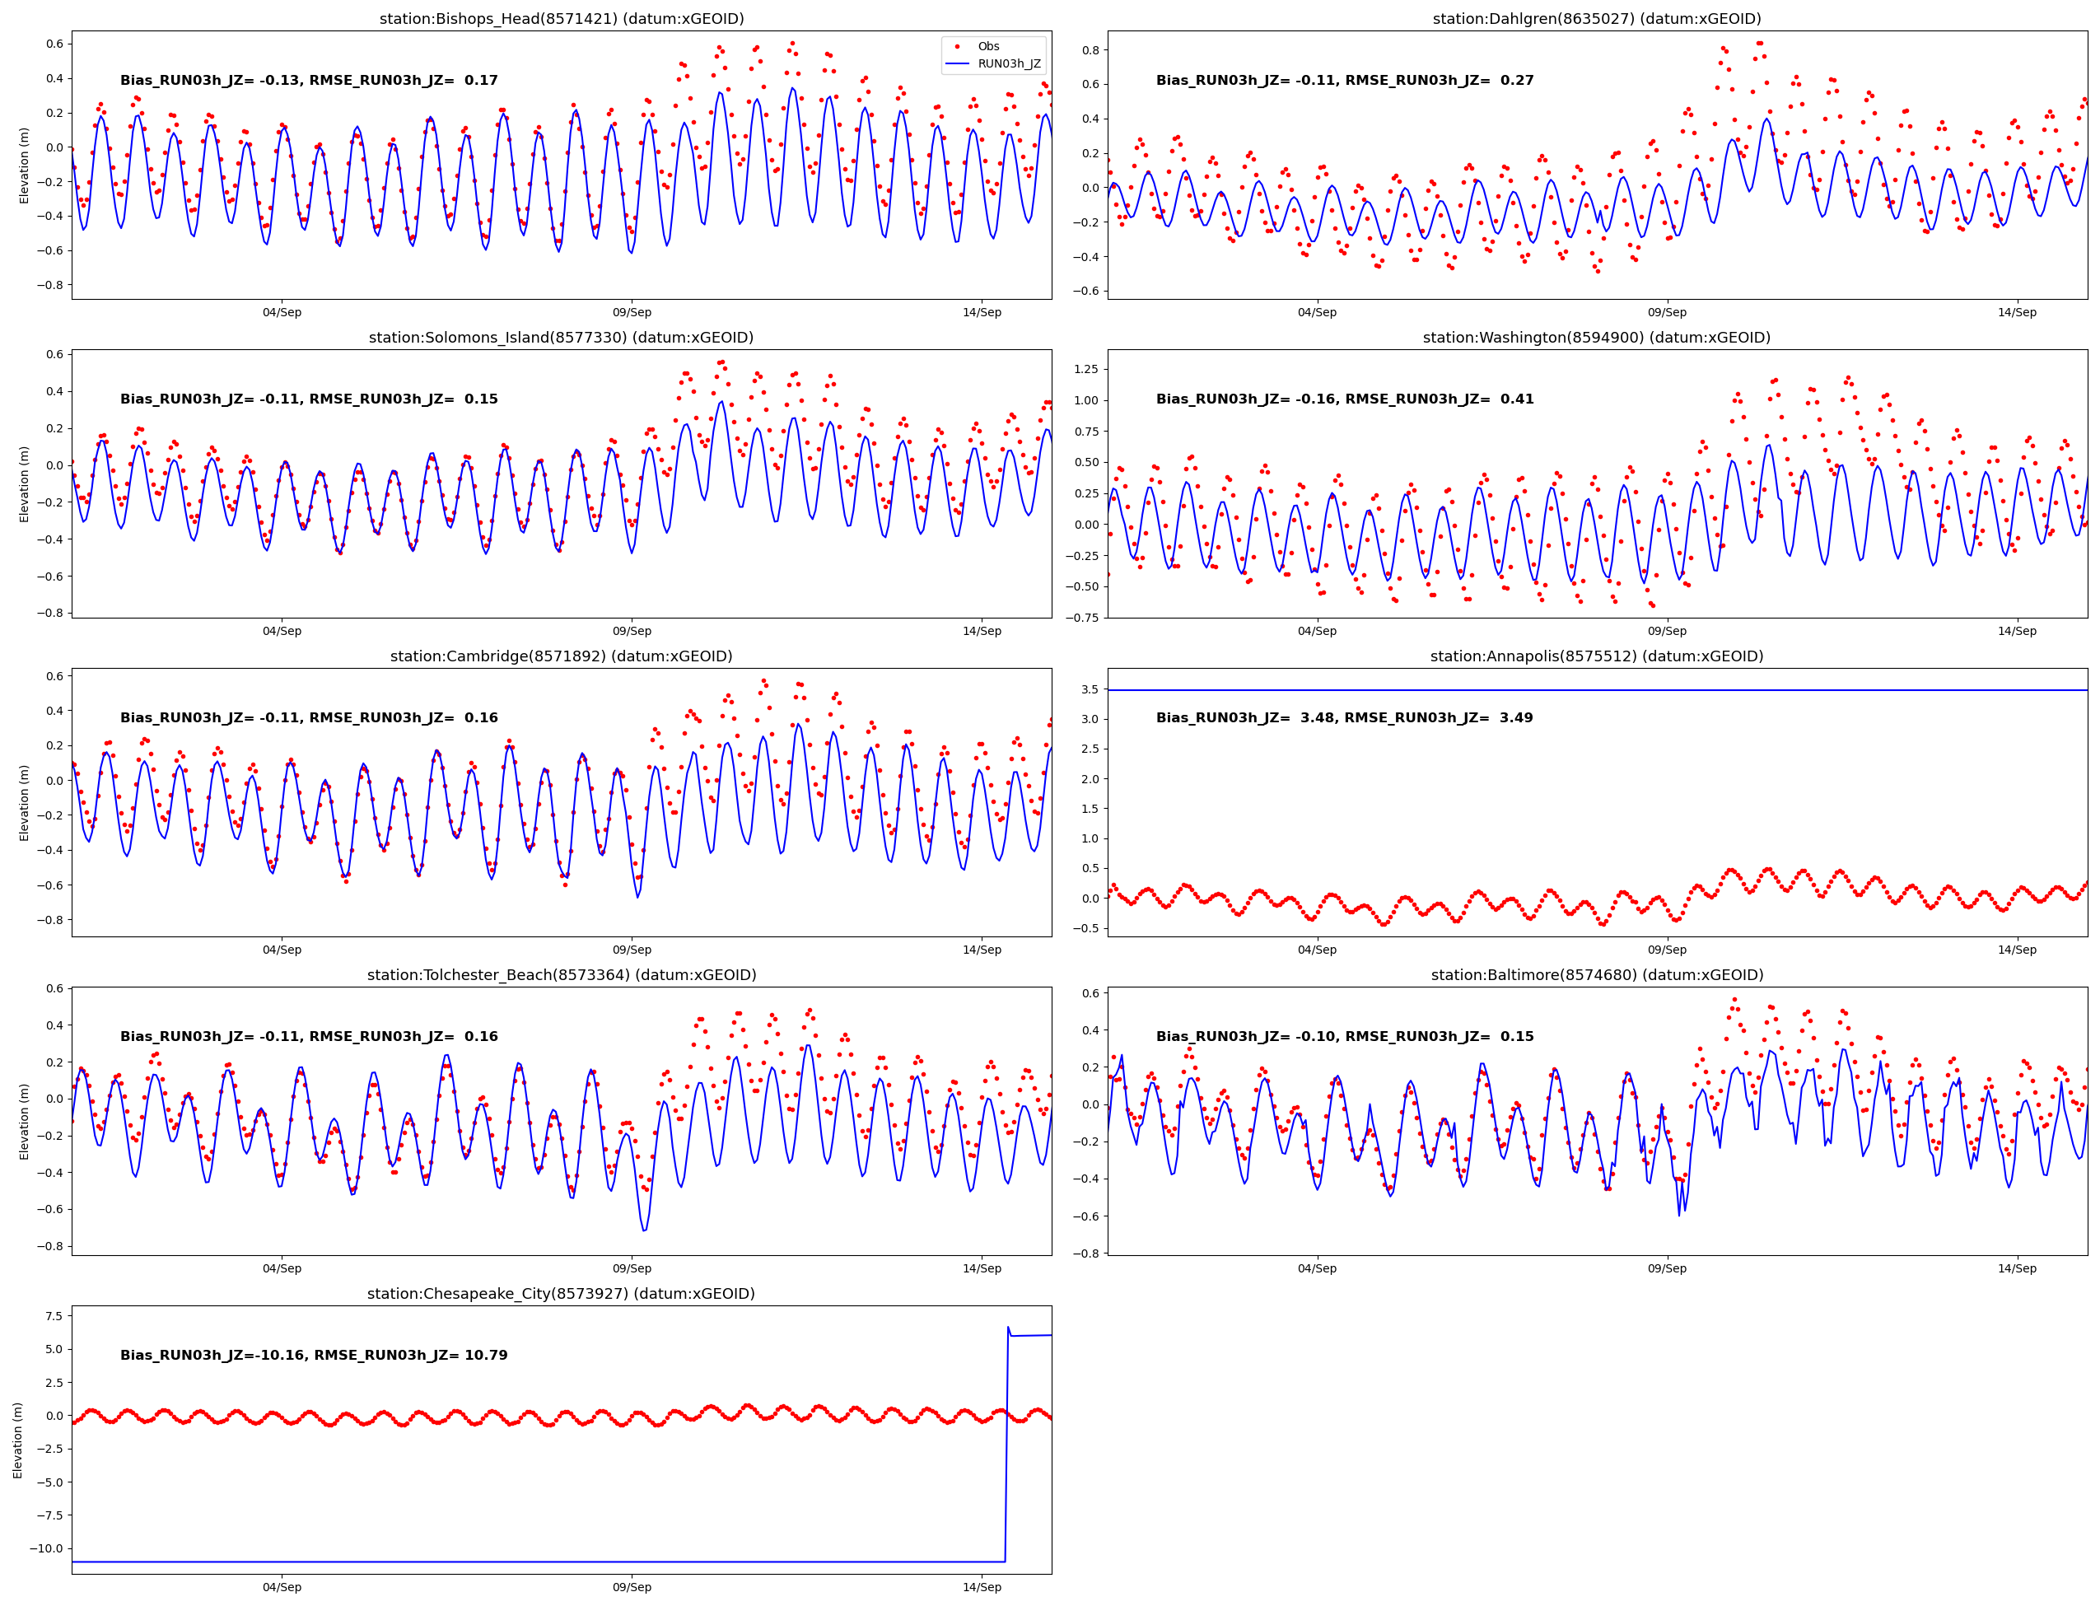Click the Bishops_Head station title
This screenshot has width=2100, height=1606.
(561, 19)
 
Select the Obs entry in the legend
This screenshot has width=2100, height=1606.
(987, 46)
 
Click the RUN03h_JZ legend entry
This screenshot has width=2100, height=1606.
(1009, 64)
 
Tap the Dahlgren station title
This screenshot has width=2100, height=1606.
(1596, 19)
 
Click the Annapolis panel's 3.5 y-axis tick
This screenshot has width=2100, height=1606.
(1089, 689)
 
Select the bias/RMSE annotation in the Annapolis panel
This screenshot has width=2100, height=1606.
(1344, 718)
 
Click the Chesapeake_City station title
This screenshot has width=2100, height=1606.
(561, 1293)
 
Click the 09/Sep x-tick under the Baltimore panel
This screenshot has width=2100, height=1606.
(1666, 1268)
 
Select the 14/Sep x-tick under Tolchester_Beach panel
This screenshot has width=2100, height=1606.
(982, 1268)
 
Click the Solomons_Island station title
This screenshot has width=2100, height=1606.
(561, 338)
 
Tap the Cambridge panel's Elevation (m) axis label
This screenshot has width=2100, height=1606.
(24, 802)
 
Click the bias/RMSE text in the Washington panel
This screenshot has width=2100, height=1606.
(1344, 399)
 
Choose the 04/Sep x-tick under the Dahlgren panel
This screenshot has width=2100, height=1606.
(1316, 313)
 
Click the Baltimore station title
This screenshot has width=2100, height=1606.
(1596, 975)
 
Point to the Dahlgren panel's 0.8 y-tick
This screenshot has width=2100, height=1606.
(1090, 49)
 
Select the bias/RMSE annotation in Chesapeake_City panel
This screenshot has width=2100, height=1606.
(314, 1356)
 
